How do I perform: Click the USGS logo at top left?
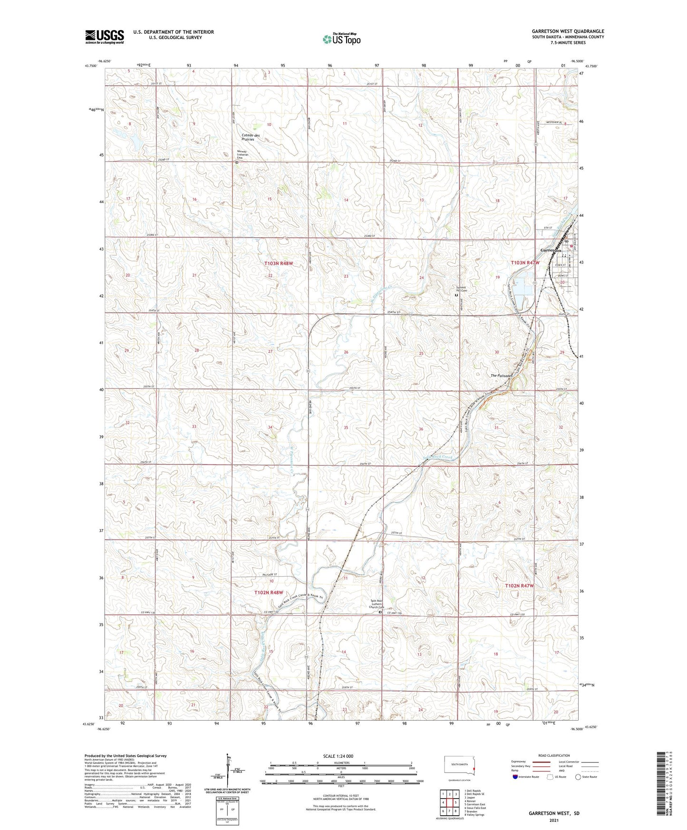pyautogui.click(x=104, y=36)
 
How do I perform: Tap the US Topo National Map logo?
pyautogui.click(x=341, y=39)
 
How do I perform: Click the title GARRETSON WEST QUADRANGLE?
pyautogui.click(x=568, y=31)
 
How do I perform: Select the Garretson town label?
pyautogui.click(x=551, y=251)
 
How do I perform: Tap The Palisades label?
pyautogui.click(x=502, y=376)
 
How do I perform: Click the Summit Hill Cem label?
pyautogui.click(x=461, y=289)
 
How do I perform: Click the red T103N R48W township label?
pyautogui.click(x=279, y=263)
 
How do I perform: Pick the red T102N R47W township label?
pyautogui.click(x=519, y=586)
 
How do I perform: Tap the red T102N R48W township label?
pyautogui.click(x=269, y=592)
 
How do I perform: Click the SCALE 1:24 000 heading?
pyautogui.click(x=338, y=756)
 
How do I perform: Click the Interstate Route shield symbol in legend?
pyautogui.click(x=515, y=777)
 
